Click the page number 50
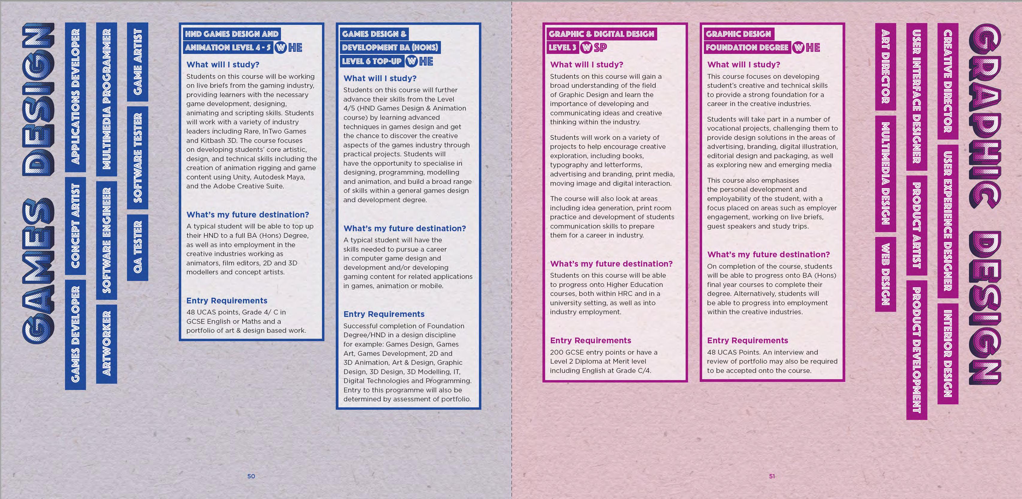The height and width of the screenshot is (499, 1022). tap(251, 476)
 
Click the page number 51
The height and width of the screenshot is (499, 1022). tap(772, 476)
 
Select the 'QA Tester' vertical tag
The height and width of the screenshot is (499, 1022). tap(137, 247)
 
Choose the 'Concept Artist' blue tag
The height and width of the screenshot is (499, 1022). tap(75, 225)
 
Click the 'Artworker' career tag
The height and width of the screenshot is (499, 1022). tap(106, 344)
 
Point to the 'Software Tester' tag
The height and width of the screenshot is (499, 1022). tap(137, 158)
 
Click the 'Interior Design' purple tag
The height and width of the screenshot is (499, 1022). tap(947, 353)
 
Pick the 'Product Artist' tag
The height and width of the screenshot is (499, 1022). tap(917, 225)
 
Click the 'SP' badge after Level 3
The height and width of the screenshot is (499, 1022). tap(600, 48)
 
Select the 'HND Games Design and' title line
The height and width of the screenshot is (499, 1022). tap(232, 34)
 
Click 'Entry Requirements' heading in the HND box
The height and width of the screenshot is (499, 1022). tap(226, 301)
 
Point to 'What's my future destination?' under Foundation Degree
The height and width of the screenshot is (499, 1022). tap(768, 255)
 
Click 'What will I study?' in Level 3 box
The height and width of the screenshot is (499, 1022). tap(586, 65)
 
